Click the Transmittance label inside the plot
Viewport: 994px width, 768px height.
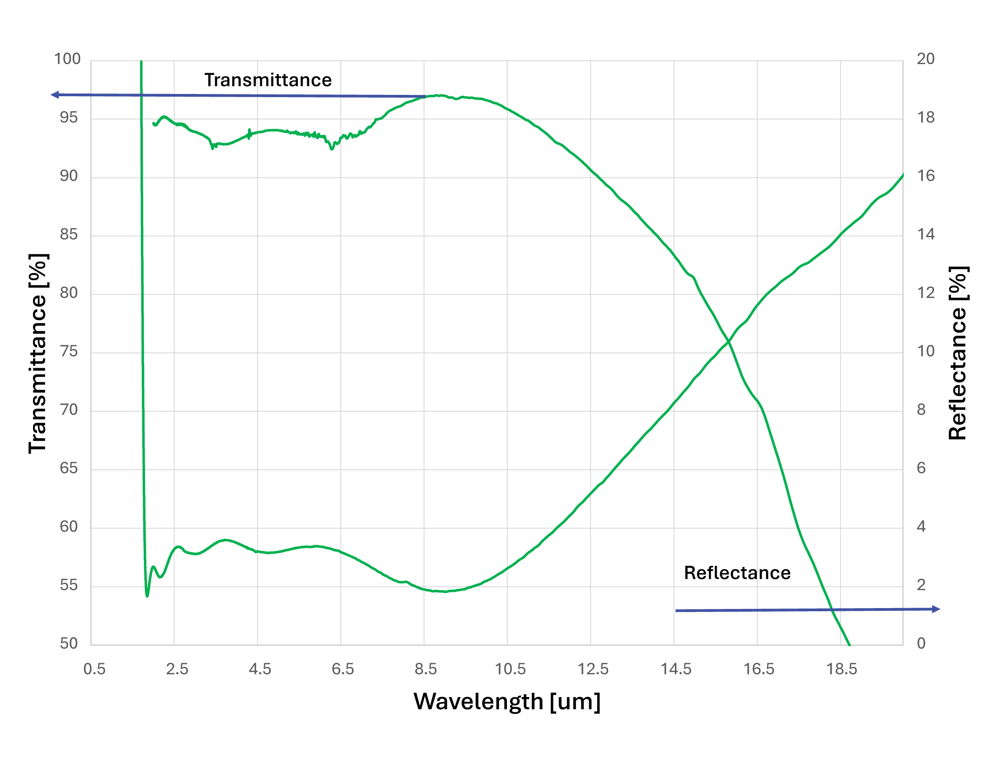267,80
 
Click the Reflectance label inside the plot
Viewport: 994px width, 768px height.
737,573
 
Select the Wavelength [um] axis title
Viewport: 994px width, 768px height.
506,701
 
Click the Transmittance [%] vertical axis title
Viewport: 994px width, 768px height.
38,354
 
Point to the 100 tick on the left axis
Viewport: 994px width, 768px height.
67,59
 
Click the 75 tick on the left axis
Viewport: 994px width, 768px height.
69,351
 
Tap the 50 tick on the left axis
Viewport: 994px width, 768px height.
69,643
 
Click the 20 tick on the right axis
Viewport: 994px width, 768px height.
925,59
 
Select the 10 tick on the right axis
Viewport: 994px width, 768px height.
925,351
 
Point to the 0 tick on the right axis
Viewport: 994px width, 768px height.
921,643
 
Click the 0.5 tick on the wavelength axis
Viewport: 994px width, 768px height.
94,669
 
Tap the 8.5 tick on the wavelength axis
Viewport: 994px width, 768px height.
426,669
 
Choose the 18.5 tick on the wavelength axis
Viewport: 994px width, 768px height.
842,669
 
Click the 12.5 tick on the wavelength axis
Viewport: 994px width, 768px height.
593,669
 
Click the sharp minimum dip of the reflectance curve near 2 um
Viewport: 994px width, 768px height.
147,595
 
